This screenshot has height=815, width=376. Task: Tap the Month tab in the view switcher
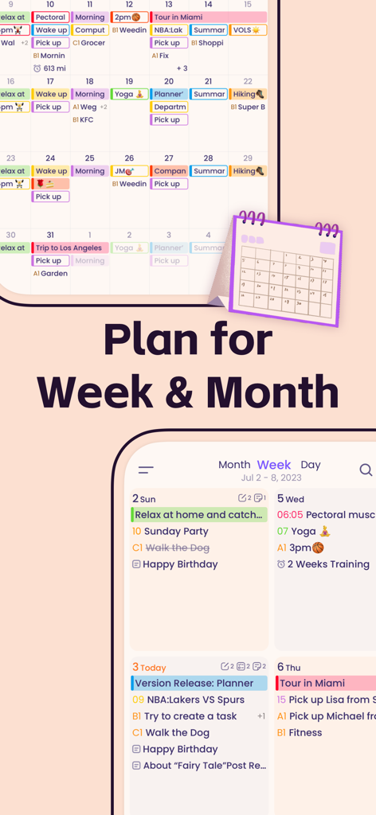coord(234,465)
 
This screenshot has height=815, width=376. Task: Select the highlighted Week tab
coord(273,465)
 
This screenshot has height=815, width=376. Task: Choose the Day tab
coord(311,465)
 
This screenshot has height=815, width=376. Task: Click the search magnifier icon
coord(366,470)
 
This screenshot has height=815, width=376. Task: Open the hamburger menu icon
coord(146,470)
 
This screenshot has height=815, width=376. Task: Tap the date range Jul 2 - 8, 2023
coord(271,478)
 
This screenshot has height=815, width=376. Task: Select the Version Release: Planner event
coord(194,683)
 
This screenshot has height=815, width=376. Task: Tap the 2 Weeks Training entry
coord(327,564)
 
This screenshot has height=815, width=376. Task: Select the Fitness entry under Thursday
coord(305,733)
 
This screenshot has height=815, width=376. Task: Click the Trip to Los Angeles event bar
coord(70,248)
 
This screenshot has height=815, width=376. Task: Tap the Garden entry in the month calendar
coord(53,274)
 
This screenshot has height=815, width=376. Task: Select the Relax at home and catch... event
coord(198,515)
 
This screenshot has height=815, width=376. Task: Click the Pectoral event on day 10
coord(51,18)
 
